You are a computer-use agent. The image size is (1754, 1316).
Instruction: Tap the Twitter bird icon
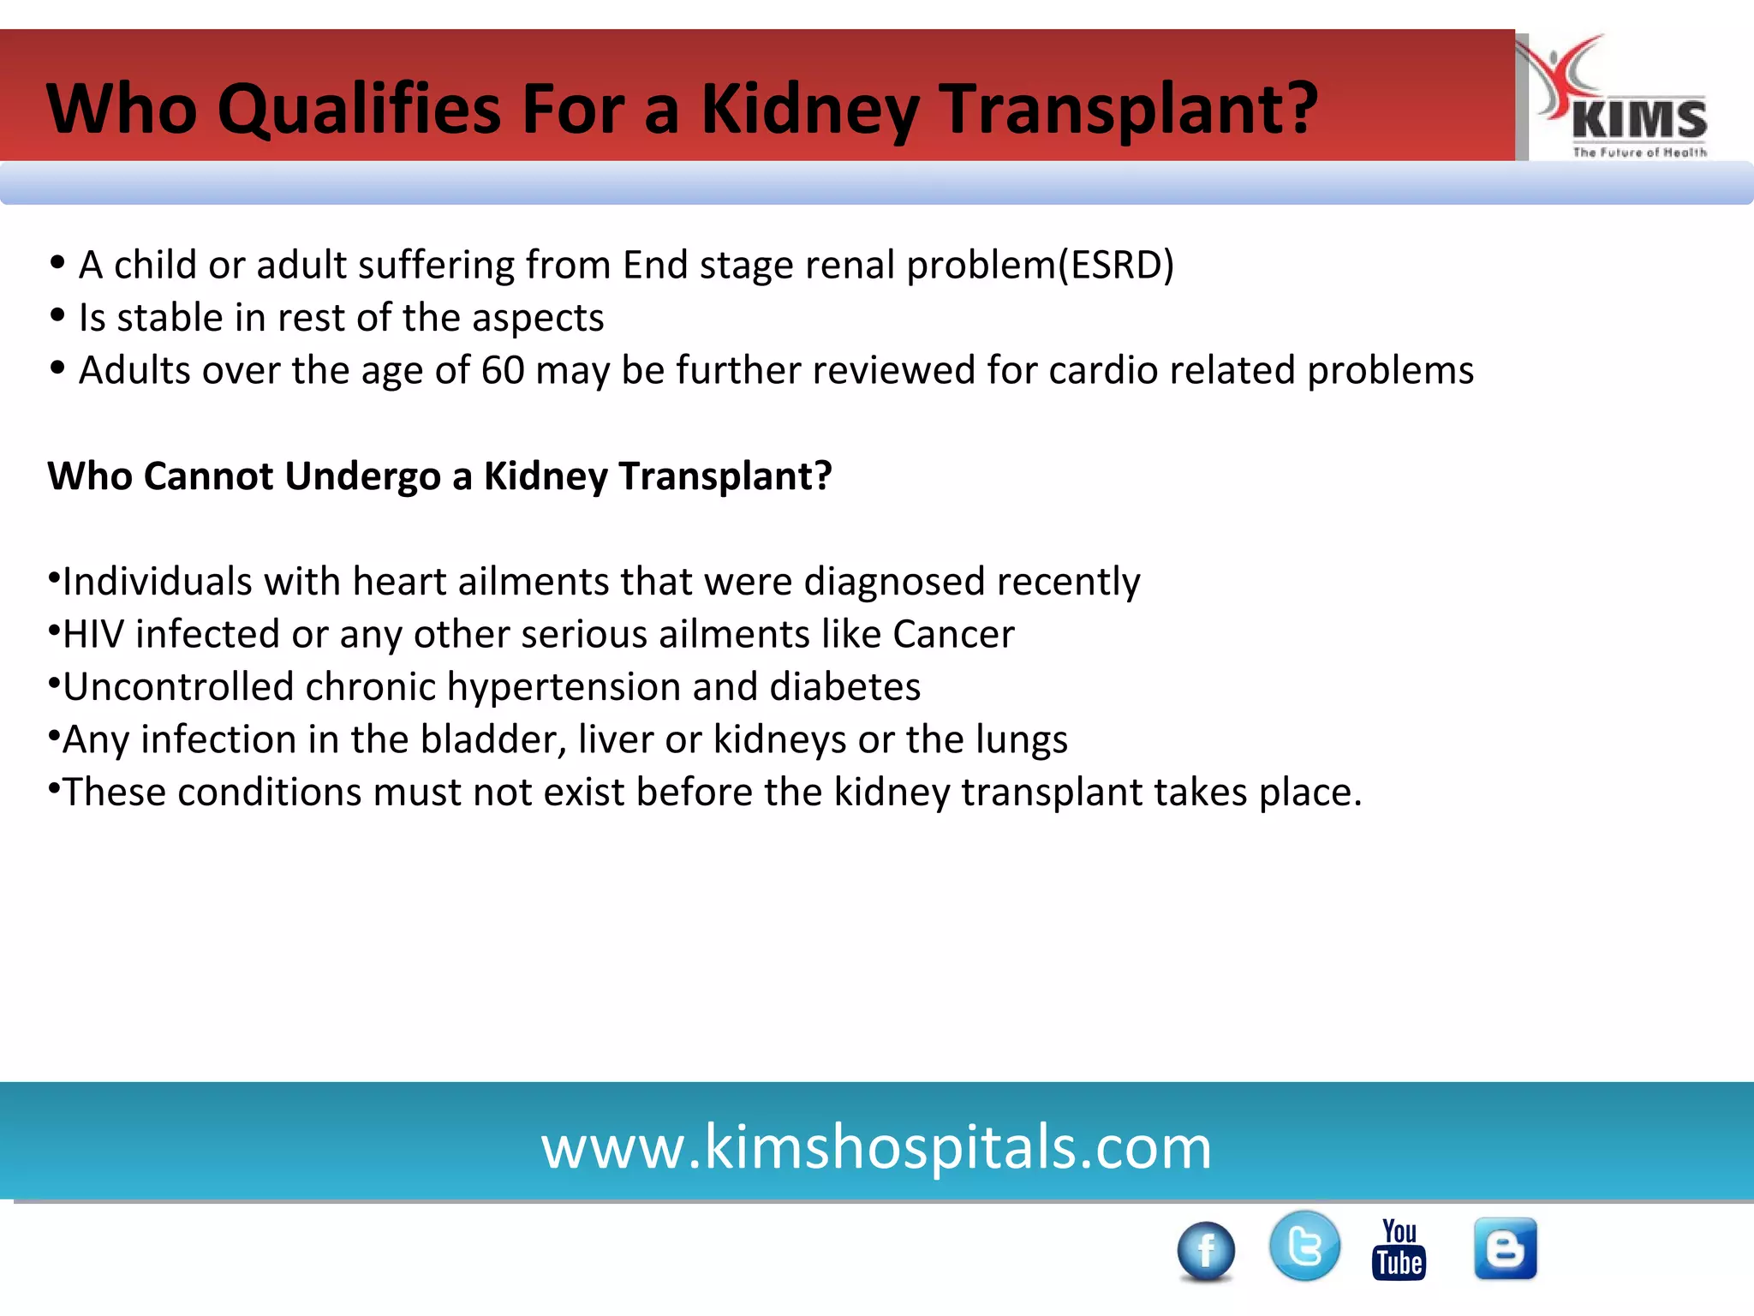1304,1246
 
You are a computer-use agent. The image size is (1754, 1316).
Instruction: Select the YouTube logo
1399,1249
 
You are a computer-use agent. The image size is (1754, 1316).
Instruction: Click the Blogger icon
1505,1248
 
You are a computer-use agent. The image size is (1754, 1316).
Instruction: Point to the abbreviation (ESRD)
1116,265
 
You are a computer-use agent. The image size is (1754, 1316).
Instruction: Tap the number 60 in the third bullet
503,370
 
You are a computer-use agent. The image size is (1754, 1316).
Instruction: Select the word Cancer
953,634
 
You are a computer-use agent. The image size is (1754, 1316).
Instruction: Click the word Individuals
157,582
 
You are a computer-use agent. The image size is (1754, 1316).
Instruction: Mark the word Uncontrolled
178,687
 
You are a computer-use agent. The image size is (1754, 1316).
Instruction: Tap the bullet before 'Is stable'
57,316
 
